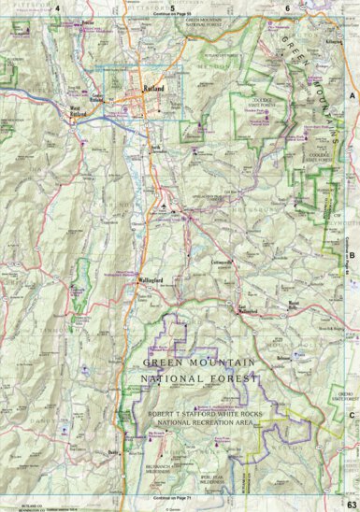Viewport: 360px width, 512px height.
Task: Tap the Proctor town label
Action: coord(90,21)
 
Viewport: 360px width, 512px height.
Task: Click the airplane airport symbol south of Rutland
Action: coord(166,205)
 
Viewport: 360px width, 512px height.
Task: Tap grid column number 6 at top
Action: coord(287,7)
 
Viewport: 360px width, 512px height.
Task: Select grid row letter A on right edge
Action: coord(353,96)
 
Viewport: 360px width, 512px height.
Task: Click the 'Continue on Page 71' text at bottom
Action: coord(170,499)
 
